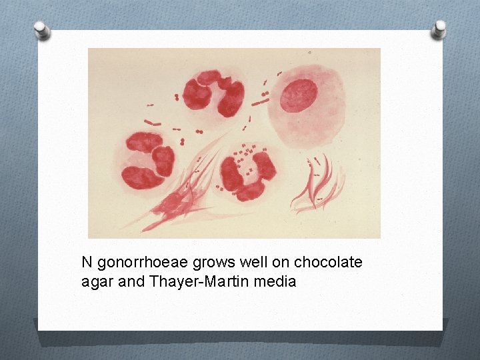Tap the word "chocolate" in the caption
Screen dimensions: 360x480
[328, 262]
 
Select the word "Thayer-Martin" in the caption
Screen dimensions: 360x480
[188, 281]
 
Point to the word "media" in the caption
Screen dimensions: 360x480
[273, 281]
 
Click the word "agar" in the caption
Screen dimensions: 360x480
[96, 282]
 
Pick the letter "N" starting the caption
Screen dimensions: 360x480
[87, 262]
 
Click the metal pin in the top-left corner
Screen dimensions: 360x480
[41, 29]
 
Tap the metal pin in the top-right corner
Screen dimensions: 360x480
[439, 28]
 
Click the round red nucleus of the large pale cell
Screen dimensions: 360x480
[297, 95]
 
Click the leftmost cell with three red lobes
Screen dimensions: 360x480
[148, 160]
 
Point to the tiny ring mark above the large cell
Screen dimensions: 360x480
[309, 51]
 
